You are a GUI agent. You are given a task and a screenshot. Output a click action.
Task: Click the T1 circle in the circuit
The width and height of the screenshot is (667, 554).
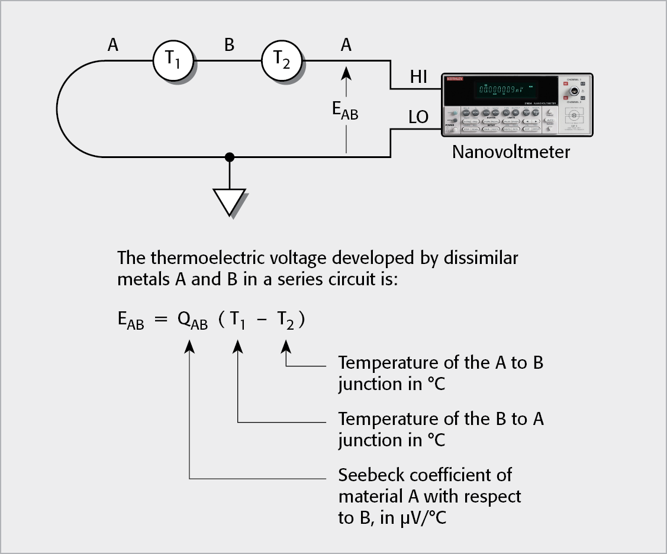173,60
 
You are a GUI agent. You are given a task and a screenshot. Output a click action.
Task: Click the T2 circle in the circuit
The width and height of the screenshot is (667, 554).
282,60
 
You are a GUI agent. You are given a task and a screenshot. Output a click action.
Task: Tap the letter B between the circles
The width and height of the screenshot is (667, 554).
229,44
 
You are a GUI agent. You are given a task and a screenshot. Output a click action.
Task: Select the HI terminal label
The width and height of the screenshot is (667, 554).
418,77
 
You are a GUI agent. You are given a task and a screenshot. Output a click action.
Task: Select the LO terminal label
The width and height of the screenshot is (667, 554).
418,117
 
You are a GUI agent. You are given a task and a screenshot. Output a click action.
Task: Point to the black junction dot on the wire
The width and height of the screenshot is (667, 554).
230,157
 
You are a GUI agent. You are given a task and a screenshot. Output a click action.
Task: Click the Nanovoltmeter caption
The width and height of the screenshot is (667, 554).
511,152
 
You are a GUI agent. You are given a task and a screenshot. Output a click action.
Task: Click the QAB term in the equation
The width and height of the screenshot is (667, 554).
192,322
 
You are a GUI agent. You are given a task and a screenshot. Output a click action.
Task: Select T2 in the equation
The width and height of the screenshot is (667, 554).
286,322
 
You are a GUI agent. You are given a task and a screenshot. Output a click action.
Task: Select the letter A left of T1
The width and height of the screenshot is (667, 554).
113,44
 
